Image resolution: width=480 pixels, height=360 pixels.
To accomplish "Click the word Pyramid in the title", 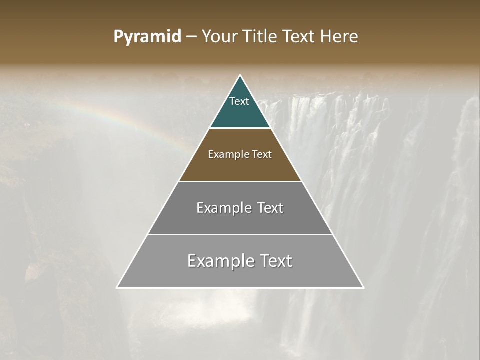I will pyautogui.click(x=147, y=37).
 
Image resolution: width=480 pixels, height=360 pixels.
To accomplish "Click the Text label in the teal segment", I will pyautogui.click(x=239, y=101).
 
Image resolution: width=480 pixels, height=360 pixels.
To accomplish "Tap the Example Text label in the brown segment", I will pyautogui.click(x=240, y=154).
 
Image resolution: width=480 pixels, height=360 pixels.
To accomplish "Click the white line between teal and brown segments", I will pyautogui.click(x=240, y=128).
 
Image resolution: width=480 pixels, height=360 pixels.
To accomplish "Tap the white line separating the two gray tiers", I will pyautogui.click(x=240, y=234).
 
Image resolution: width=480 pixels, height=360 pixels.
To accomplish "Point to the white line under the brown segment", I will pyautogui.click(x=240, y=181).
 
